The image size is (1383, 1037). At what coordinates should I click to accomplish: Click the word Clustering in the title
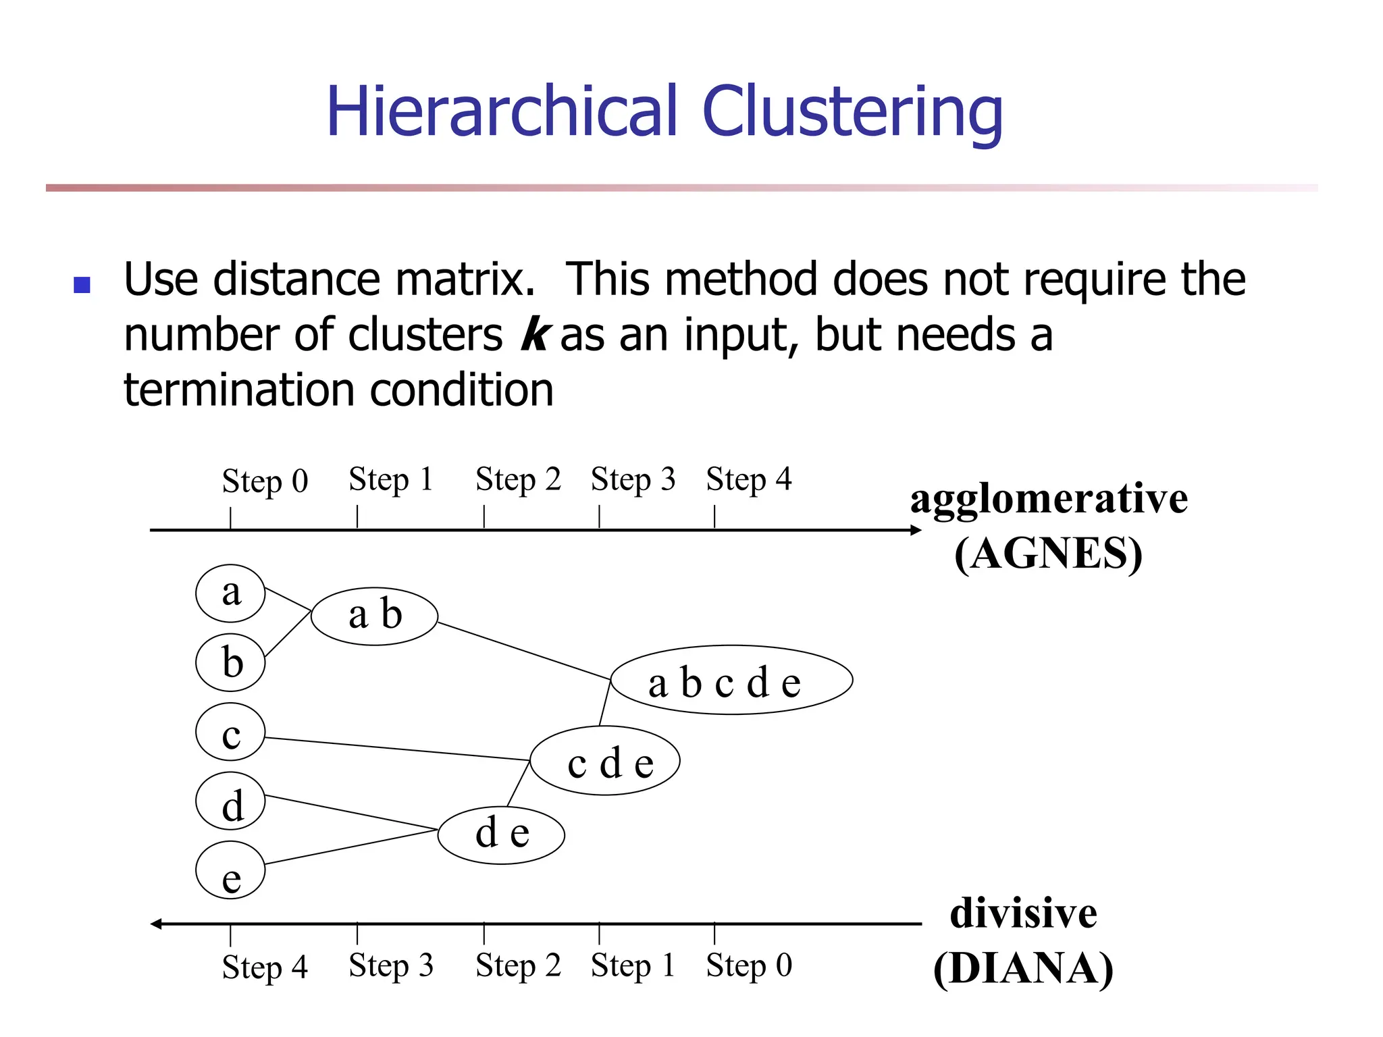click(852, 112)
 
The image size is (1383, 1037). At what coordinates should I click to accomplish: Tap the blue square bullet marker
click(82, 285)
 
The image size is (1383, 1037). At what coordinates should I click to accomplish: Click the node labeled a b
click(375, 616)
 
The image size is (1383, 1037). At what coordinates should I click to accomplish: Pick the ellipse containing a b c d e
click(731, 681)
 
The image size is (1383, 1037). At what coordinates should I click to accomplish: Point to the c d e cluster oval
click(605, 761)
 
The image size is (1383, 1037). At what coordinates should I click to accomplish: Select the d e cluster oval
click(501, 834)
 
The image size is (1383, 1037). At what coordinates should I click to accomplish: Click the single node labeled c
click(230, 732)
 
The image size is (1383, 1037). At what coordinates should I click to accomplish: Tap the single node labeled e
click(230, 870)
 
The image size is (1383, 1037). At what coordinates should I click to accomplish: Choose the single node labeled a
click(230, 593)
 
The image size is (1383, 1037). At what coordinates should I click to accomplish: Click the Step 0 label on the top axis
click(265, 481)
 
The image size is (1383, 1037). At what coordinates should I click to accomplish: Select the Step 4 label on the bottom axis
click(265, 967)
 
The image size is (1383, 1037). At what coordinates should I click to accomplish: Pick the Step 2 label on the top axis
click(518, 479)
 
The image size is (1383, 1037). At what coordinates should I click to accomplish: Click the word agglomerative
click(1049, 499)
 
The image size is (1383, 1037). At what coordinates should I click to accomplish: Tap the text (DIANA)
click(1023, 969)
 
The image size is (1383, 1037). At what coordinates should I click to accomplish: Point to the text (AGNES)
click(1048, 554)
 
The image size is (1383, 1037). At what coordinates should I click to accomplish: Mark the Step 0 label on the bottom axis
click(749, 965)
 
